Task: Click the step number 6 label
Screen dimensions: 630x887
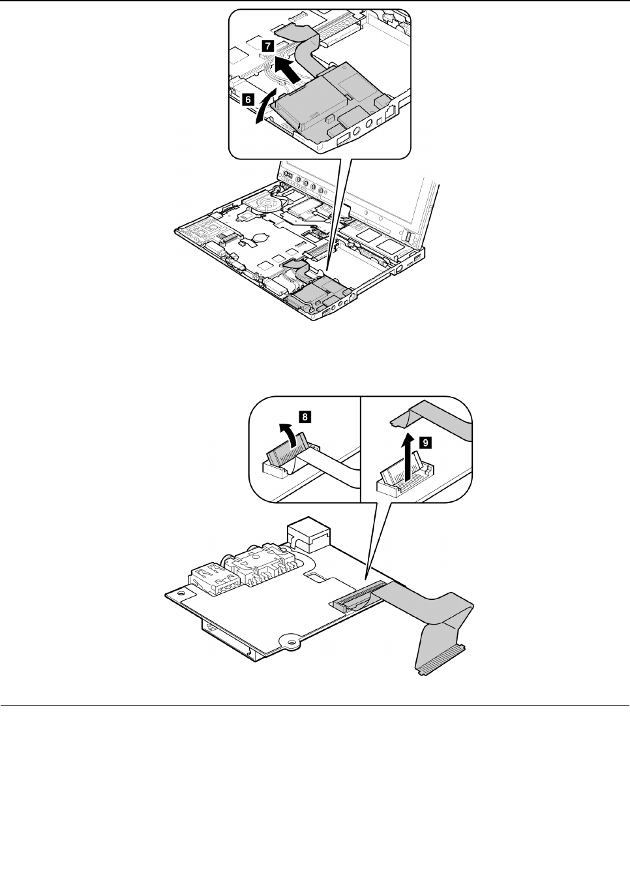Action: [247, 100]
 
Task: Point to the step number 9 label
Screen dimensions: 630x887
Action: [425, 443]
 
